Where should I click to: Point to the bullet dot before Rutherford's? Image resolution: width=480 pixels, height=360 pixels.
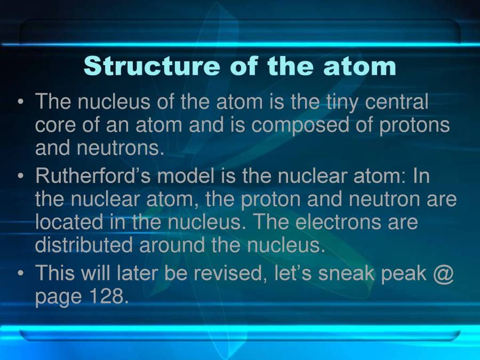click(x=21, y=176)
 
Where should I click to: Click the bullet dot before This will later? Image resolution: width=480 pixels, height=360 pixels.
click(x=21, y=273)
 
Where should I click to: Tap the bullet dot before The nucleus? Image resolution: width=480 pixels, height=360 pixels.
click(x=21, y=101)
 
